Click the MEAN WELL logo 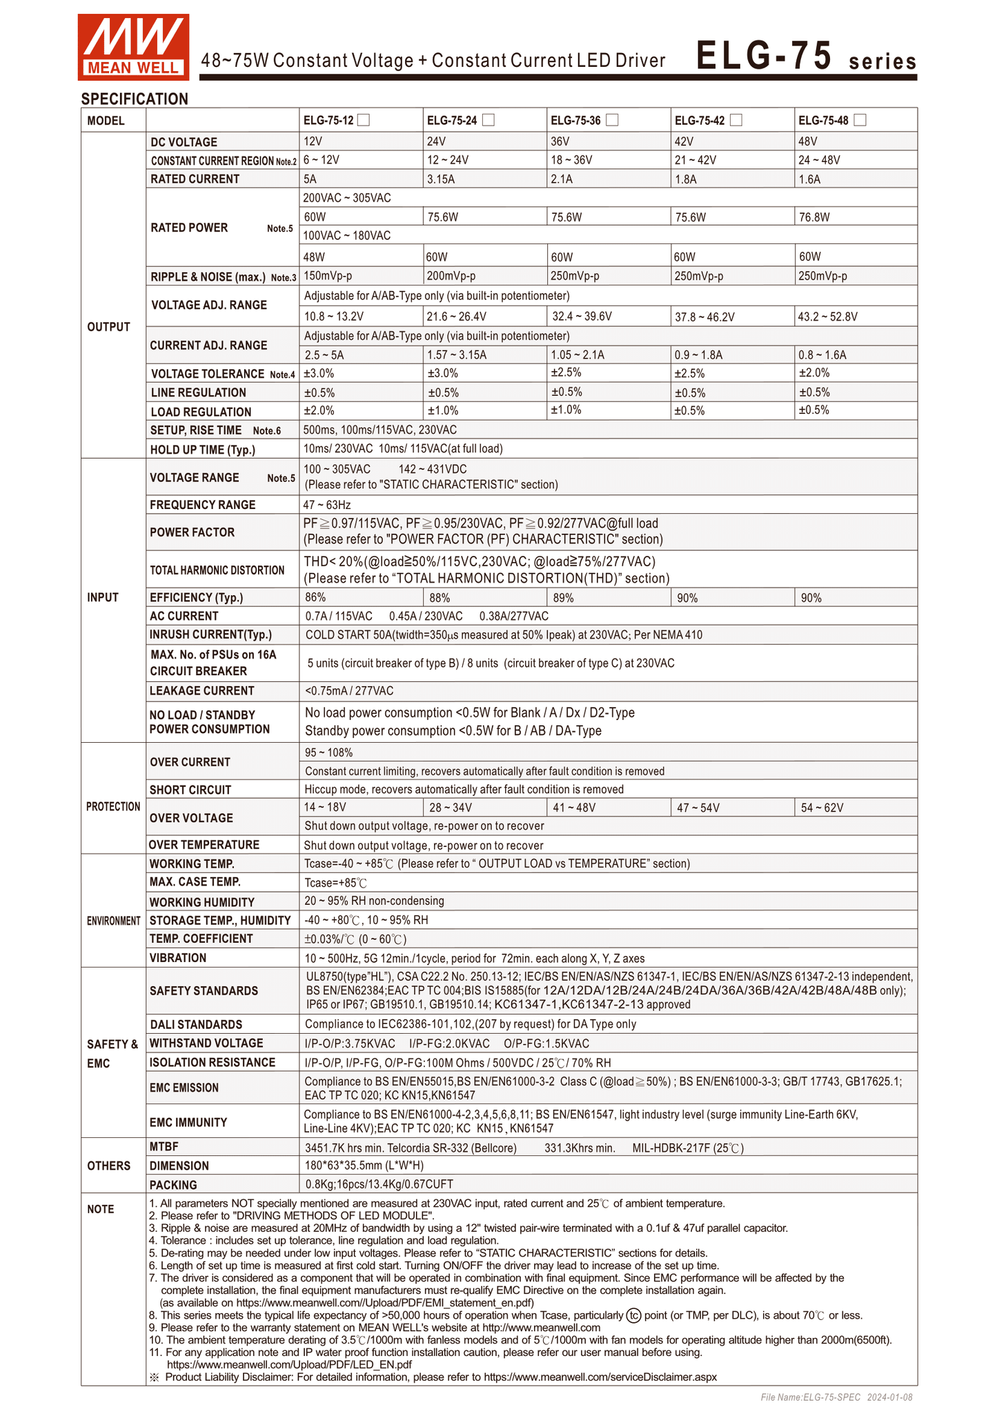(133, 47)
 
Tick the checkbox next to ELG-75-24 (488, 120)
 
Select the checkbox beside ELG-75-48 (860, 120)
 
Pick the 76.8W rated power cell (814, 217)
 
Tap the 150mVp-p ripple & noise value (328, 276)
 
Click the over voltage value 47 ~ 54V (698, 808)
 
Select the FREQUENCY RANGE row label (202, 505)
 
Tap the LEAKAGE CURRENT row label (201, 691)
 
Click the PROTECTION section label (113, 807)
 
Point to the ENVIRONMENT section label (114, 921)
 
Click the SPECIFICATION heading (135, 99)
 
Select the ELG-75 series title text (805, 57)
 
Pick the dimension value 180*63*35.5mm (364, 1166)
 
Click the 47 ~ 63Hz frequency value (327, 505)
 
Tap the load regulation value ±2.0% (319, 410)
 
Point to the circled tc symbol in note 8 (633, 1315)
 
